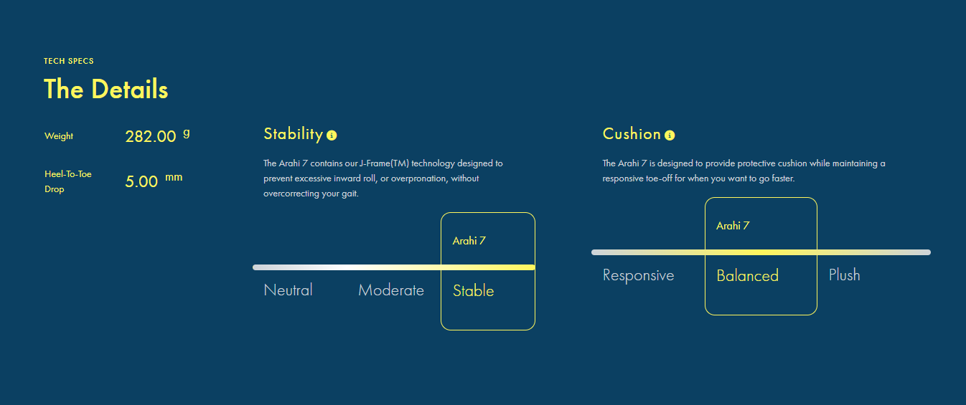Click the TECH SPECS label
click(x=69, y=61)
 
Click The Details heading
click(x=106, y=89)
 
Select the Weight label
click(x=59, y=136)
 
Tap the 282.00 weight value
click(x=151, y=137)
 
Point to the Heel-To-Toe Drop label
click(x=68, y=181)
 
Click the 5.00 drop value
click(x=141, y=181)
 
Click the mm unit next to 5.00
click(x=174, y=177)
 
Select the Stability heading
click(x=294, y=134)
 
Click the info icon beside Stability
click(x=332, y=135)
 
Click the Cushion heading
click(x=632, y=134)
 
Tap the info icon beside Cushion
click(x=670, y=135)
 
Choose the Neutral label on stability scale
click(x=288, y=290)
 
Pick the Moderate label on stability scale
click(x=391, y=290)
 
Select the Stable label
click(x=473, y=291)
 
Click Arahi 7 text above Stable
click(x=469, y=241)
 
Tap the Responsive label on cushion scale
click(x=638, y=275)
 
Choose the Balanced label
click(x=747, y=276)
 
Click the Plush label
click(x=845, y=275)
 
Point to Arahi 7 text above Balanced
click(x=733, y=226)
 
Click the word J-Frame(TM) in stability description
click(x=384, y=163)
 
